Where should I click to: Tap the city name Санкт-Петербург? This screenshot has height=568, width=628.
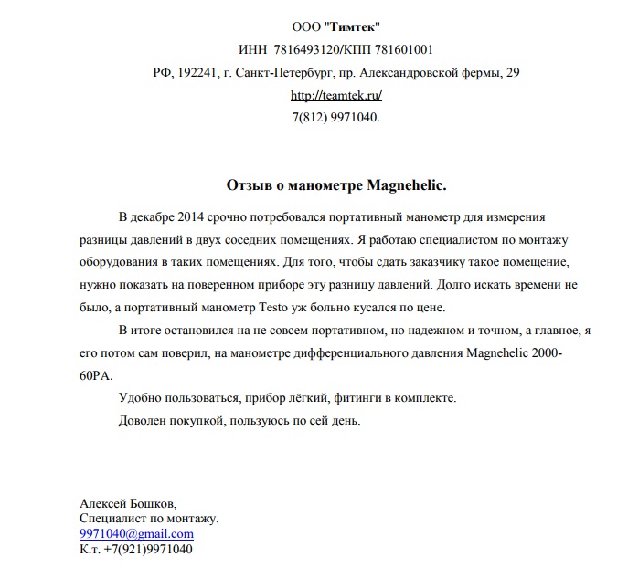pos(279,73)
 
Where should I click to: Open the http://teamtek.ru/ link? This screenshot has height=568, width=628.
pos(335,95)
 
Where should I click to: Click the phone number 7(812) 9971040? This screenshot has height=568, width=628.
pos(335,118)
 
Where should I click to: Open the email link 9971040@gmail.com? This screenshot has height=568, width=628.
pos(136,533)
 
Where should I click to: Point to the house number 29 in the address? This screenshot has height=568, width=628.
pos(513,73)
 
